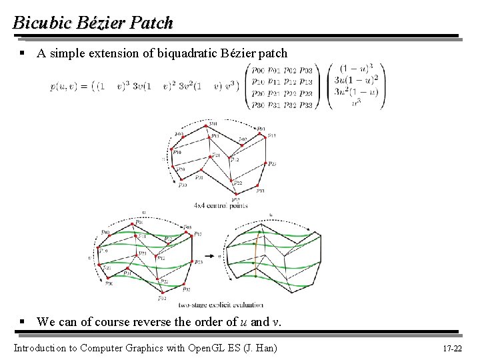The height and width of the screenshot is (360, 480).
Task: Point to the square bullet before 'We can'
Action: click(23, 322)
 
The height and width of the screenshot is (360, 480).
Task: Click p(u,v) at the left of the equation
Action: click(62, 86)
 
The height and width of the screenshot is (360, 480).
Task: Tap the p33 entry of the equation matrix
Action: click(306, 104)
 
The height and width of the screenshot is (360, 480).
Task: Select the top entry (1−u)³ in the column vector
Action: click(355, 67)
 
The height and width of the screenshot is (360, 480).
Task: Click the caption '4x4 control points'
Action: click(221, 205)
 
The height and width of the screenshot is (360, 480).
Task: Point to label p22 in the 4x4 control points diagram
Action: click(237, 183)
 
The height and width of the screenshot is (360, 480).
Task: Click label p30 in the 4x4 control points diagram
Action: click(182, 185)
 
